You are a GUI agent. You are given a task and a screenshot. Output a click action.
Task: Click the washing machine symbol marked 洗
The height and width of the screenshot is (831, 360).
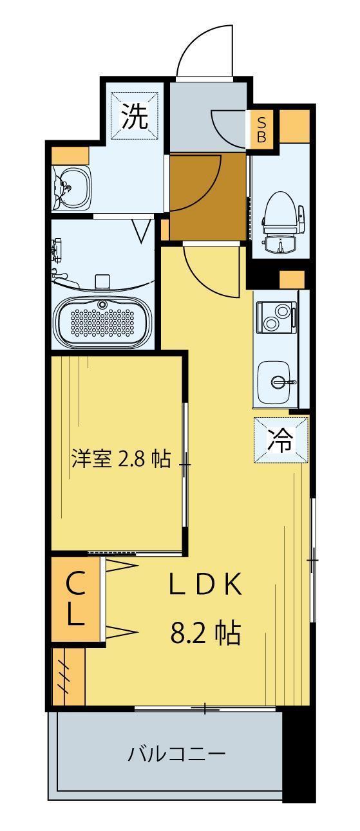pyautogui.click(x=135, y=117)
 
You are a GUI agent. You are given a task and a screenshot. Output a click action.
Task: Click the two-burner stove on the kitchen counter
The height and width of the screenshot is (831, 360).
pyautogui.click(x=277, y=316)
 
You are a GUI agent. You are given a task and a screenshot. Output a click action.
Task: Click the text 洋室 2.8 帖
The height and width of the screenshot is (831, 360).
pyautogui.click(x=120, y=459)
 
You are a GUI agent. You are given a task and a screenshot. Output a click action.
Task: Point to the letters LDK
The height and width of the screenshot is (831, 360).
pyautogui.click(x=205, y=585)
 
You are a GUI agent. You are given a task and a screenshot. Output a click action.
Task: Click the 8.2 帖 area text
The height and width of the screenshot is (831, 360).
pyautogui.click(x=205, y=633)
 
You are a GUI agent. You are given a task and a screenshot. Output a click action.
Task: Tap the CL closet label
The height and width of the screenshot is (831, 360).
pyautogui.click(x=75, y=599)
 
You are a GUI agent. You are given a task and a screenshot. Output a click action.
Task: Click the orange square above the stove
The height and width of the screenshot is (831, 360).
pyautogui.click(x=292, y=280)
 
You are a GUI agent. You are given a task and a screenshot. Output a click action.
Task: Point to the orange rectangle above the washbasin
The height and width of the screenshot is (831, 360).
pyautogui.click(x=70, y=155)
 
